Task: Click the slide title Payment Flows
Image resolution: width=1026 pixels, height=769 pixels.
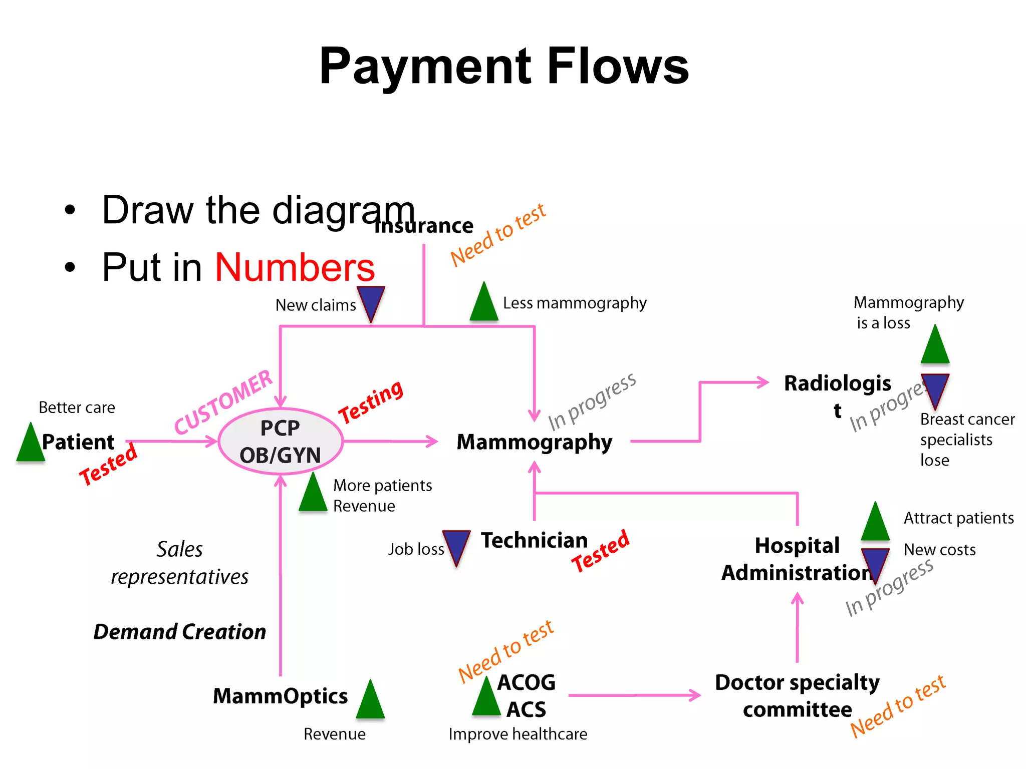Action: [503, 66]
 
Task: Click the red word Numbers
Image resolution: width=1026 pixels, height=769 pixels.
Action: [295, 268]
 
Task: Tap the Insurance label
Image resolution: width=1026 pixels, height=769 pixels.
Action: [424, 226]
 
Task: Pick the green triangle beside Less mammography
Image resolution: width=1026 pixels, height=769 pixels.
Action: [484, 303]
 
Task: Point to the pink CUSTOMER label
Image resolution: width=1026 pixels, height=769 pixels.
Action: [223, 403]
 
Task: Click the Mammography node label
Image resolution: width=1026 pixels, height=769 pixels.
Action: [534, 443]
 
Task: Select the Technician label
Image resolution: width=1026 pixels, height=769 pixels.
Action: [534, 541]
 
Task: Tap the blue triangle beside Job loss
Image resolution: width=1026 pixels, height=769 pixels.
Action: [456, 546]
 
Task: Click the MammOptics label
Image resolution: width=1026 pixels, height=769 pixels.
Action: [280, 696]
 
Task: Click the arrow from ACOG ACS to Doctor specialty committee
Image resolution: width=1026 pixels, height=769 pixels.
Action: [634, 695]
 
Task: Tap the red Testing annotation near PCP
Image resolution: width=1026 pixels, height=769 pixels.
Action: [371, 402]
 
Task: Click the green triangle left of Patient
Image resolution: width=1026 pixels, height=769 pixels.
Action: [31, 444]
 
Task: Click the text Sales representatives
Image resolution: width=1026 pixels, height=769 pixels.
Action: [179, 563]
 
